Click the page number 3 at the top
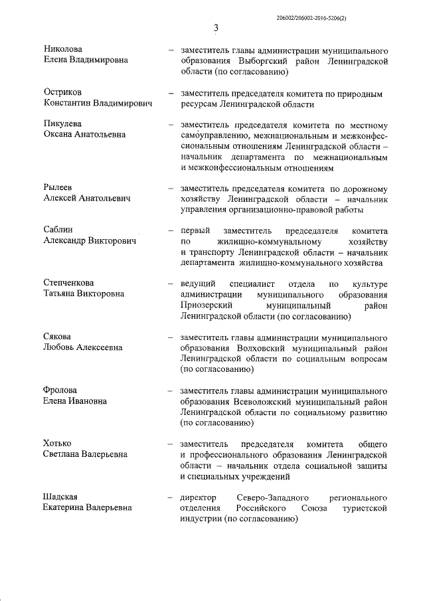(216, 27)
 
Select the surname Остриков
(64, 93)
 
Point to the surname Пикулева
(64, 125)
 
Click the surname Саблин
(60, 230)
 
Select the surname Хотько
(58, 444)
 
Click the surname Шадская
(62, 497)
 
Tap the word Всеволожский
(264, 401)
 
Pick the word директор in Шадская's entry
(199, 497)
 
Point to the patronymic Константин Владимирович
(98, 104)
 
